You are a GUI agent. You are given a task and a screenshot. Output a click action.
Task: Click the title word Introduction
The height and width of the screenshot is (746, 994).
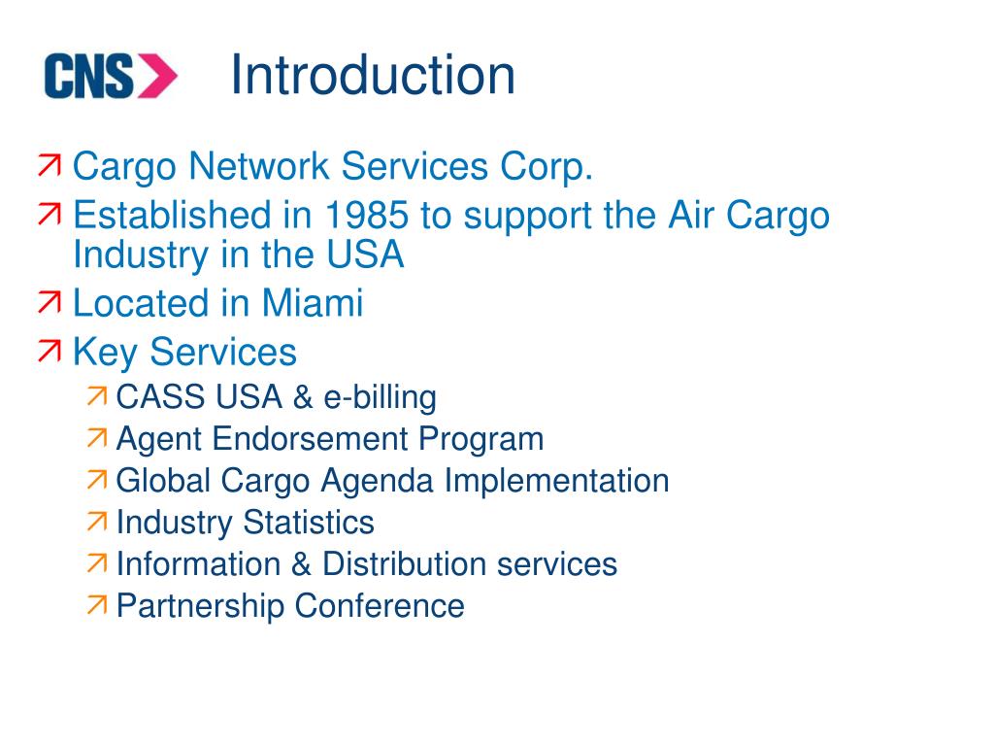(372, 76)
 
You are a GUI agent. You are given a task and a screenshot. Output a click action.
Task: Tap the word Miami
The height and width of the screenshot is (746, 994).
(312, 303)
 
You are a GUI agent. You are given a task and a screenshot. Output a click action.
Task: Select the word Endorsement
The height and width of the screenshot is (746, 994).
(312, 439)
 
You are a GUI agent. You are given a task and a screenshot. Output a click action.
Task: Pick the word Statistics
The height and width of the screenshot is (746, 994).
(308, 523)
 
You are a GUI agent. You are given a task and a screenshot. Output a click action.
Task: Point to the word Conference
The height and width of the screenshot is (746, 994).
(380, 606)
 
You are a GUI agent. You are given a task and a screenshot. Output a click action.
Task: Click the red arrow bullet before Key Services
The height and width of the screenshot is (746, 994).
(50, 352)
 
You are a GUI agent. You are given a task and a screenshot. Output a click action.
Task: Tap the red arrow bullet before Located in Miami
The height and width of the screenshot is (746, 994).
(50, 304)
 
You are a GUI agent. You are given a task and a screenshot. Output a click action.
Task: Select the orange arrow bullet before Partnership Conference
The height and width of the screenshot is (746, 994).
(97, 606)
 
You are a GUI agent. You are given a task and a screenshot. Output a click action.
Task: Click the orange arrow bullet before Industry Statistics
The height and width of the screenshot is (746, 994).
(97, 523)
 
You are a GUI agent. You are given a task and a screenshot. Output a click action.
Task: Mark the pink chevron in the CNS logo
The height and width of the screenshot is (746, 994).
(157, 76)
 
